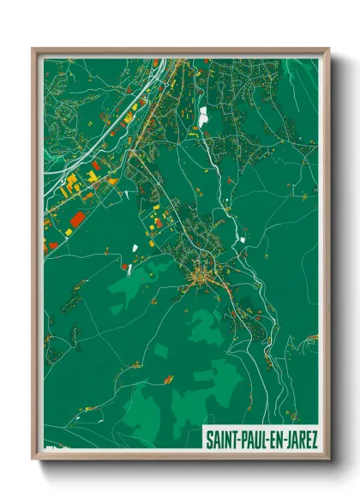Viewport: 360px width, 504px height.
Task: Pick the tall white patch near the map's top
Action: (x=203, y=117)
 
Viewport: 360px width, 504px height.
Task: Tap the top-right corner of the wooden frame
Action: (x=328, y=49)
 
